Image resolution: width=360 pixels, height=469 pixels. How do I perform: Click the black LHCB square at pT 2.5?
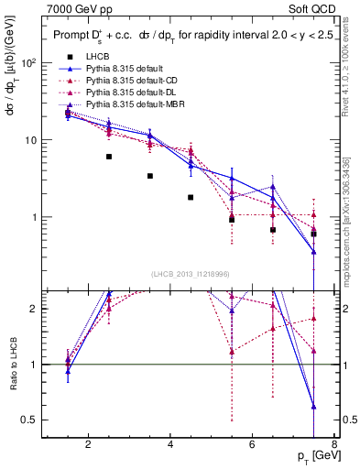pyautogui.click(x=109, y=157)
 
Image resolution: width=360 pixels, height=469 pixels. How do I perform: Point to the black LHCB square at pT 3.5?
pyautogui.click(x=150, y=176)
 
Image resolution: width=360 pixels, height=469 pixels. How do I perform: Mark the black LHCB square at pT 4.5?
pyautogui.click(x=191, y=197)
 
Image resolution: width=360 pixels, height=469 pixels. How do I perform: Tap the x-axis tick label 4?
pyautogui.click(x=171, y=446)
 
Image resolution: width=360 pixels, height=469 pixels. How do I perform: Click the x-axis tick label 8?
pyautogui.click(x=334, y=446)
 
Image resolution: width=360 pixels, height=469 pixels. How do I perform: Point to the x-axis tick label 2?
pyautogui.click(x=88, y=446)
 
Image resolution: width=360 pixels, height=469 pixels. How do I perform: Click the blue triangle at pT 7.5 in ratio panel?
pyautogui.click(x=314, y=407)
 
